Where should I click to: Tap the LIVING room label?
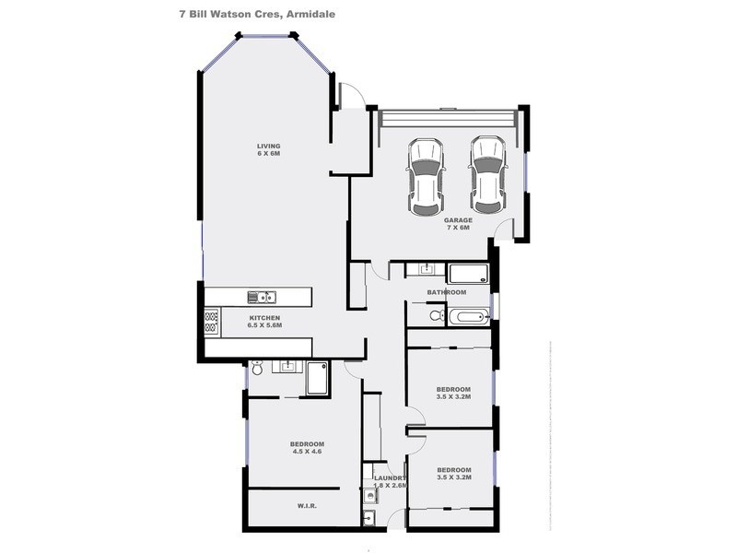268,147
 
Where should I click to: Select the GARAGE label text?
457,220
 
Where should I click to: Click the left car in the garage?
425,172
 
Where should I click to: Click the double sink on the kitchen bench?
261,297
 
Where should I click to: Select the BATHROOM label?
446,292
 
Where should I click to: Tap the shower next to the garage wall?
468,273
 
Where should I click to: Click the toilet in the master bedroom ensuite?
257,369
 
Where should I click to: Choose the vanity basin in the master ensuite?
287,367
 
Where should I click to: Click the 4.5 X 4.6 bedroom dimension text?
308,452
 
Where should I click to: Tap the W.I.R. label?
308,505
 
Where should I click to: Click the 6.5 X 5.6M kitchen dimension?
263,326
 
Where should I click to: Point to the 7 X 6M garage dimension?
457,228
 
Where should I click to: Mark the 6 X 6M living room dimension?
268,154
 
